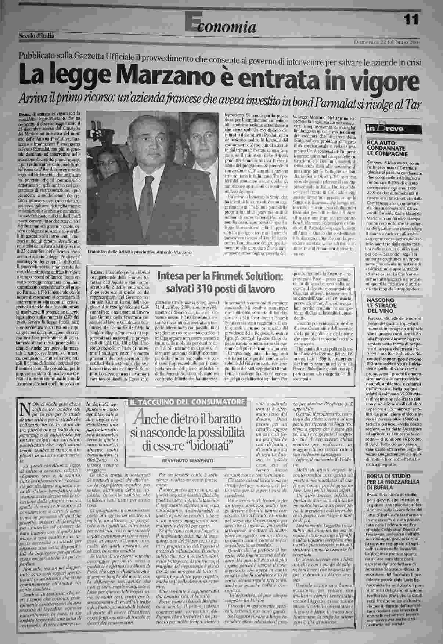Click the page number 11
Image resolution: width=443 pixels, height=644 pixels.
[412, 19]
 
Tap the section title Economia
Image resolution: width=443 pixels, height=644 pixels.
[220, 25]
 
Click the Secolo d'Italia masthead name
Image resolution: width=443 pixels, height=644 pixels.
[37, 36]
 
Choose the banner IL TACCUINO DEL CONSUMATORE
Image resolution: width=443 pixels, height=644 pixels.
[187, 402]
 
